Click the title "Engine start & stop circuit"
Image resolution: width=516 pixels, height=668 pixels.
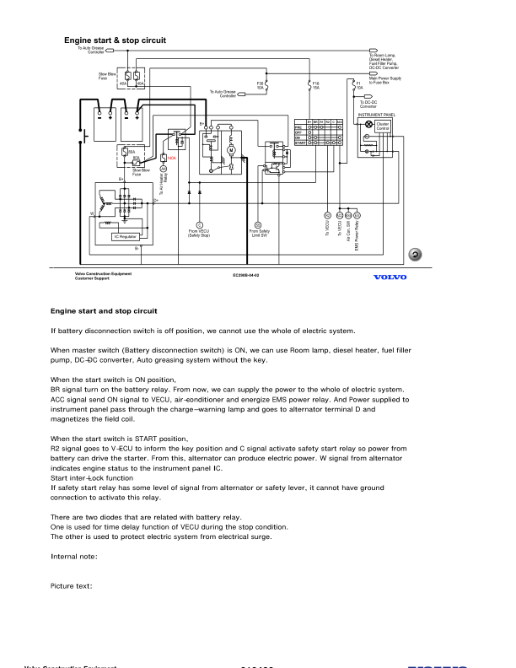coord(115,40)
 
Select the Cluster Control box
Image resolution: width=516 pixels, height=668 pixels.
coord(382,127)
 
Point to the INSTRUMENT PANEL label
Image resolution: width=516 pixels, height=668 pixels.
coord(376,114)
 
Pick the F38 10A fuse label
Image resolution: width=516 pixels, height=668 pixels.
coord(261,85)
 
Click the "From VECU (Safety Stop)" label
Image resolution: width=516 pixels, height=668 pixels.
coord(200,234)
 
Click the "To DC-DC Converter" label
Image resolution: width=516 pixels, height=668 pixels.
coord(368,105)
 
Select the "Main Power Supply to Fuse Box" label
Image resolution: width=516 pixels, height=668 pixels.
coord(385,79)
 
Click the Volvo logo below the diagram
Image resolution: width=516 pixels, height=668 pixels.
coord(389,277)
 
